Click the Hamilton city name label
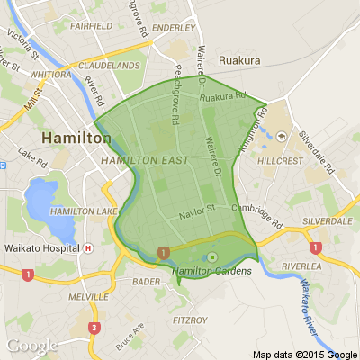click(76, 139)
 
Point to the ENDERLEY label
click(175, 28)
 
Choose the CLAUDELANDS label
click(111, 67)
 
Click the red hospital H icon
click(87, 247)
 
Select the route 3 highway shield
click(94, 328)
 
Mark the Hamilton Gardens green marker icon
click(211, 256)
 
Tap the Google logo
click(31, 346)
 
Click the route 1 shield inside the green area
click(163, 253)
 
